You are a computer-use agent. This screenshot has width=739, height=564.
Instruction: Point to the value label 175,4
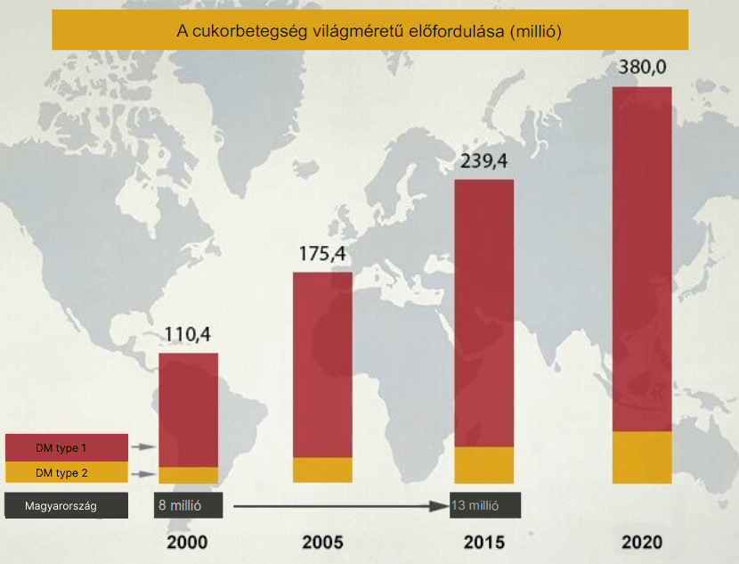322,254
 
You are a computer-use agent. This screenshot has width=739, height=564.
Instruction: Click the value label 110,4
188,335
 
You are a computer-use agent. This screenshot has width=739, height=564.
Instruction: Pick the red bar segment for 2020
641,258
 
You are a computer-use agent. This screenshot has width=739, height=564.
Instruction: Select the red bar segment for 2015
483,312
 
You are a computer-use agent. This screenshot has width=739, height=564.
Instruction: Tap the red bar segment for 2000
188,409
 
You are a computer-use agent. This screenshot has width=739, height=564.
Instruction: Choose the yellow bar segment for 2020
641,457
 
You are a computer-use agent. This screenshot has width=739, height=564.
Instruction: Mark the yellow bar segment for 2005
322,470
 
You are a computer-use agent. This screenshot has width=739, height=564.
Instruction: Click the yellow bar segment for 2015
483,464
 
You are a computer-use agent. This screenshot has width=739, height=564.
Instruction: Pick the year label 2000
187,543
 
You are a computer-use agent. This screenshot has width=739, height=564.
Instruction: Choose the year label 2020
643,543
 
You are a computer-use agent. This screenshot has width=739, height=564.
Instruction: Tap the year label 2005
322,543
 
